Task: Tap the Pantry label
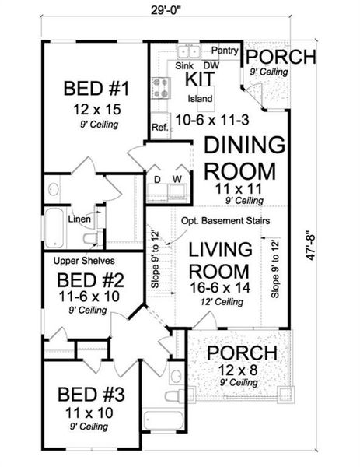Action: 224,51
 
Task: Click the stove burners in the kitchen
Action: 162,87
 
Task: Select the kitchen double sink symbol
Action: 187,51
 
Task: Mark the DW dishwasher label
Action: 211,67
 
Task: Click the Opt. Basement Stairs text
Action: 225,221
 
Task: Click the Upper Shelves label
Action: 79,262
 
